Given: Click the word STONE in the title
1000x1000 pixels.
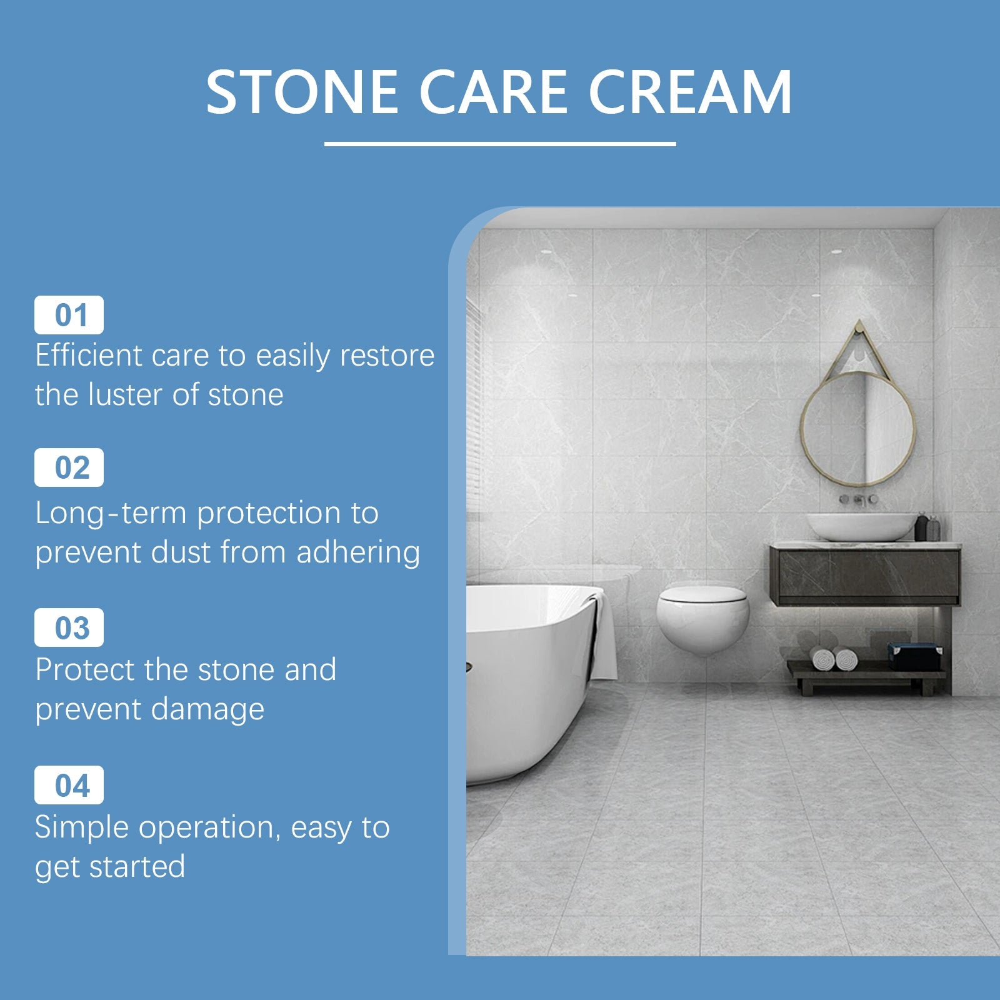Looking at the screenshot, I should tap(302, 92).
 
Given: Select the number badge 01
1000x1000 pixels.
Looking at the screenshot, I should tap(69, 315).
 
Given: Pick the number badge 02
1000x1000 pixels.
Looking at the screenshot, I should tap(69, 467).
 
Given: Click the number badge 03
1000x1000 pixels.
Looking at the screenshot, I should tap(69, 627).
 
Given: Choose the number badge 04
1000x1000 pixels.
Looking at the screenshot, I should tap(69, 785).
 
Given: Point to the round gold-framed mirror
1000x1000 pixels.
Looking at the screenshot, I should tap(858, 429).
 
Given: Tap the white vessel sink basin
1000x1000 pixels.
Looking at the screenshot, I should tap(861, 526).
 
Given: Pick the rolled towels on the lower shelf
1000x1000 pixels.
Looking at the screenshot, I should tap(834, 659).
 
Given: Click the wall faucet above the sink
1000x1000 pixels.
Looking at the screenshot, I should tap(859, 499).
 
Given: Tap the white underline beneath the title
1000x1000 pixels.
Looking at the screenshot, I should tap(500, 144).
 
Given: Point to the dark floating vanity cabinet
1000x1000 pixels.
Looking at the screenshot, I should tap(865, 576).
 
